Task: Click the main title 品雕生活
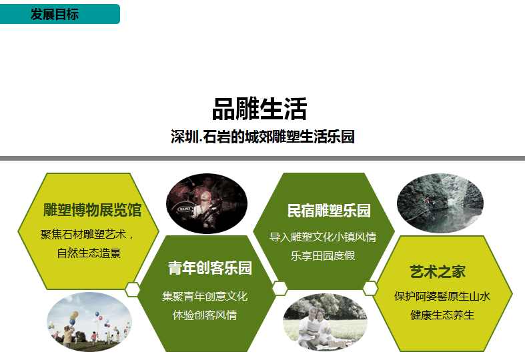[259, 109]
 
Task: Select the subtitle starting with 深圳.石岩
[262, 137]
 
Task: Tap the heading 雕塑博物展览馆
[92, 211]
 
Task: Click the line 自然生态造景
[89, 253]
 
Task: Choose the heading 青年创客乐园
[209, 269]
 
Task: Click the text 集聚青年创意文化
[205, 295]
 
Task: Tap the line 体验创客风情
[205, 315]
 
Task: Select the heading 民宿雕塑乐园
[329, 211]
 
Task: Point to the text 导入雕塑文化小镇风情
[323, 237]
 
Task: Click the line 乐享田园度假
[323, 255]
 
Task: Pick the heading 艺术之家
[438, 271]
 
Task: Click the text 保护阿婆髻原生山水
[442, 296]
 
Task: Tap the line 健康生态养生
[442, 315]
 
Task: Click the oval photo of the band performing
[207, 203]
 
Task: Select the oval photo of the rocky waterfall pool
[440, 203]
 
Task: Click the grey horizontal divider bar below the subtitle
[262, 158]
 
